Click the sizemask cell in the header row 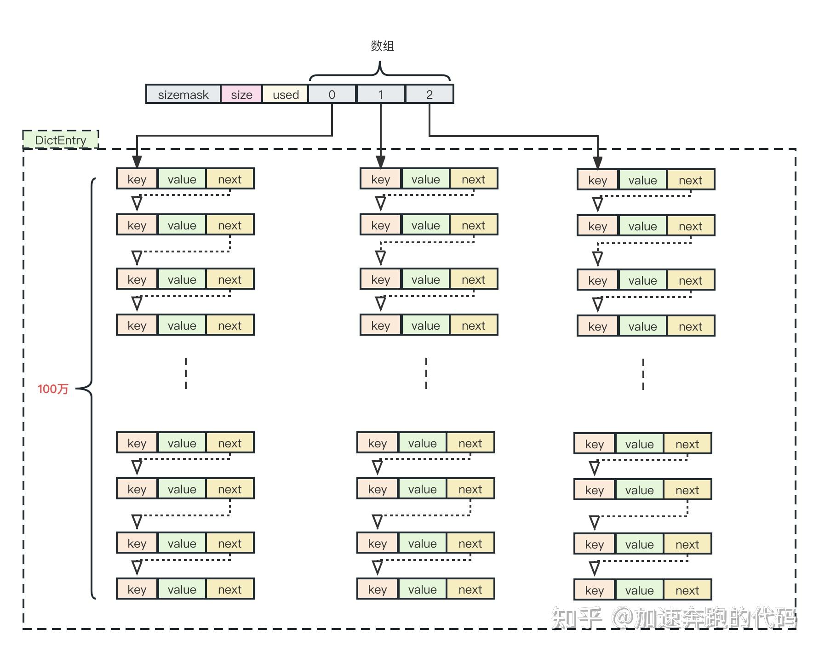[183, 94]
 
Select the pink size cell [241, 94]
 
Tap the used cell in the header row [286, 94]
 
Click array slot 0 [332, 94]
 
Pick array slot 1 [380, 94]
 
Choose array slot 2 [429, 94]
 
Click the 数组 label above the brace [382, 46]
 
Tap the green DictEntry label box [61, 140]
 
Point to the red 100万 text [53, 389]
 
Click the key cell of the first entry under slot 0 [137, 179]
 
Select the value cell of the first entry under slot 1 [425, 179]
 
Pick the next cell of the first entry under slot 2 [690, 180]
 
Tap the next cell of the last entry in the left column [229, 589]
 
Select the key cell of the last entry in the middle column [377, 589]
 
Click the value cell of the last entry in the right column [639, 590]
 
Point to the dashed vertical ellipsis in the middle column [426, 373]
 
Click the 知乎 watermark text [577, 618]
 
